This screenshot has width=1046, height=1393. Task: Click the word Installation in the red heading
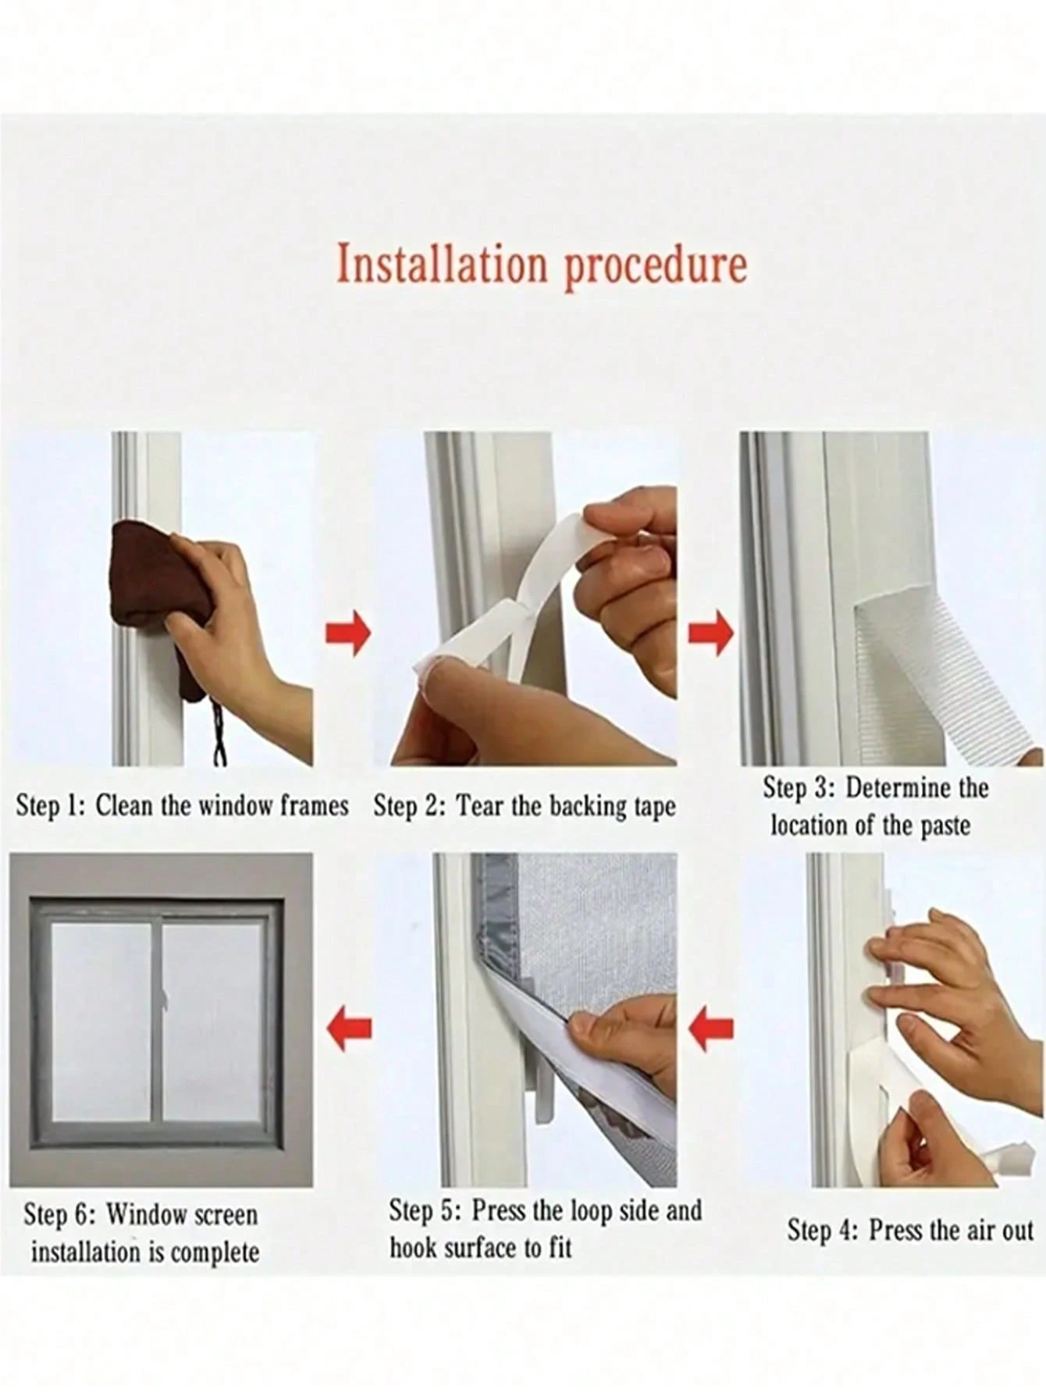(442, 265)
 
